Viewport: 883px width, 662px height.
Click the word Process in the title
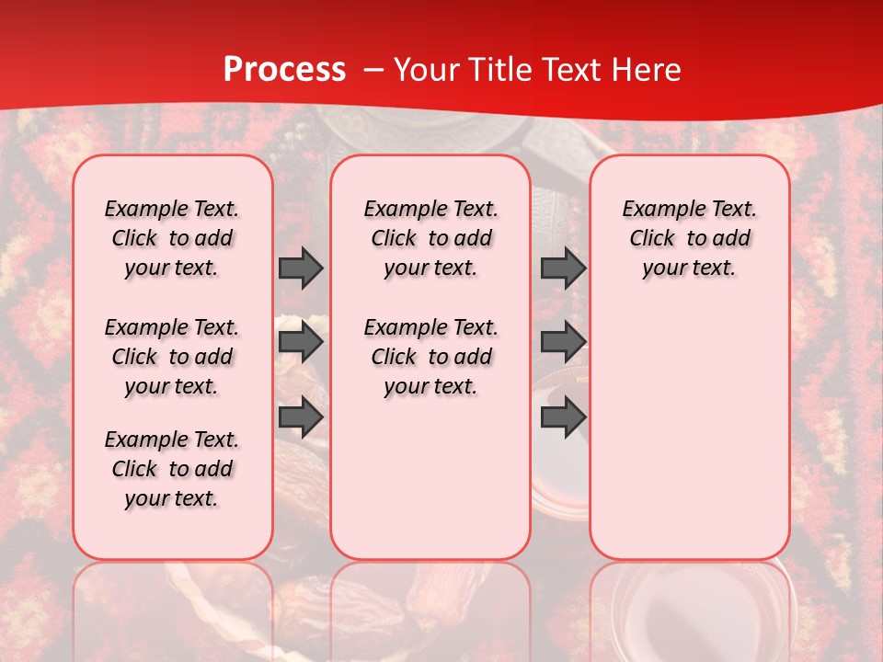click(x=284, y=70)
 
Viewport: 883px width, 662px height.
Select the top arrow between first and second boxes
click(x=301, y=268)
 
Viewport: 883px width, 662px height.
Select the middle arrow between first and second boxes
click(x=301, y=343)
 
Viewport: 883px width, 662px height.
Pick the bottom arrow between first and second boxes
click(x=301, y=418)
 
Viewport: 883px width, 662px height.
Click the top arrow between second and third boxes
click(x=563, y=268)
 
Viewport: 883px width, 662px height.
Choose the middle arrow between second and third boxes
click(x=563, y=343)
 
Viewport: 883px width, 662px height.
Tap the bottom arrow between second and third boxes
click(x=563, y=417)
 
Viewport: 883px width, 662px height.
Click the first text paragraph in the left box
click(x=172, y=238)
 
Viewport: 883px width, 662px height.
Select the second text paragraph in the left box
click(x=172, y=357)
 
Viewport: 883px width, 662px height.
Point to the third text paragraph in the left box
click(x=172, y=469)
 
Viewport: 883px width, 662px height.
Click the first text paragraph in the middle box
click(x=430, y=238)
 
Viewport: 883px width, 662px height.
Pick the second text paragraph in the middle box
click(x=430, y=357)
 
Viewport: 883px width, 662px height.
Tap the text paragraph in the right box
click(x=689, y=238)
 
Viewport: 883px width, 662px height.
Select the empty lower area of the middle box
click(x=430, y=478)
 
